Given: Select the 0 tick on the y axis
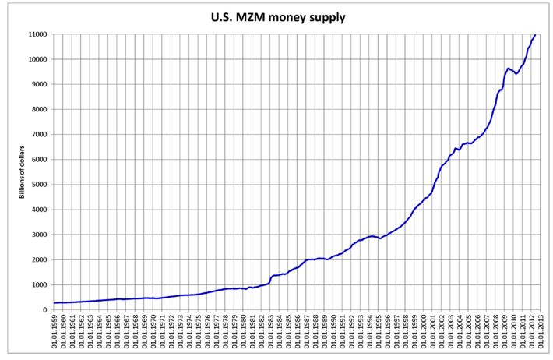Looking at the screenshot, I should [x=46, y=309].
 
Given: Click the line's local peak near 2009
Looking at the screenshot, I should [x=509, y=69].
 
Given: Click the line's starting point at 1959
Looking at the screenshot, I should [x=54, y=302].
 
